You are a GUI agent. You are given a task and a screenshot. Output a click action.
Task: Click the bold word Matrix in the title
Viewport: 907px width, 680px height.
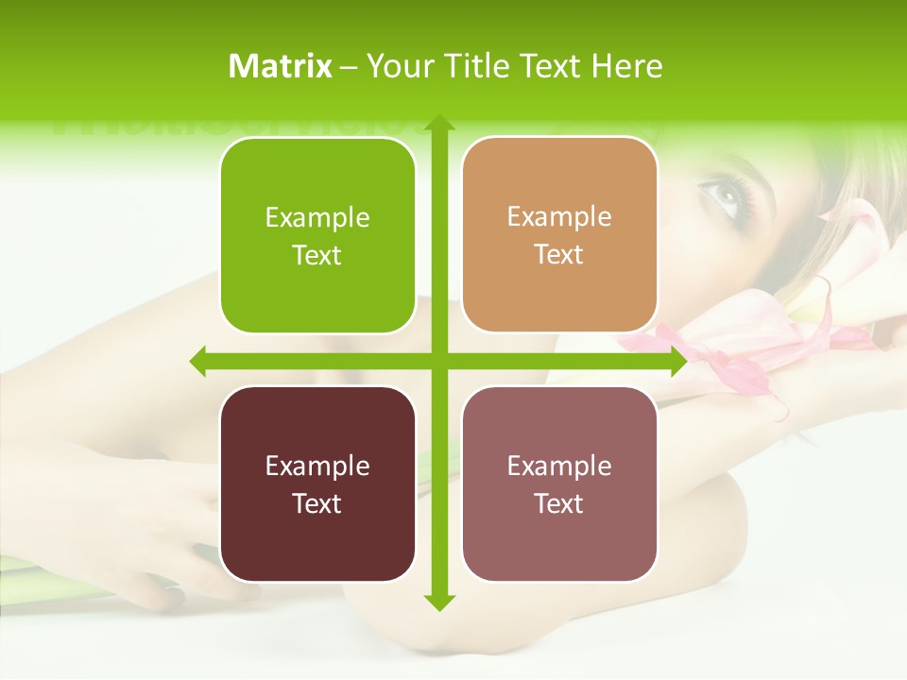(281, 66)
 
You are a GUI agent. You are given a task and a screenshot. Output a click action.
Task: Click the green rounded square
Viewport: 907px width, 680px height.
(317, 236)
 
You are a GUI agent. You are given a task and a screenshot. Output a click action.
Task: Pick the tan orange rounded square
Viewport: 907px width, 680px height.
(559, 235)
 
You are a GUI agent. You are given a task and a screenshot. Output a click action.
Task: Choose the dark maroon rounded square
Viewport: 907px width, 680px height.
(317, 484)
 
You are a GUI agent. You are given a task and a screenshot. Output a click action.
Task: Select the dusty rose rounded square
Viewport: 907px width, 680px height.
(559, 484)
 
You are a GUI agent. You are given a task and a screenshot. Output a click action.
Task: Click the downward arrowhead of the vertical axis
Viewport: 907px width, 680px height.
(438, 602)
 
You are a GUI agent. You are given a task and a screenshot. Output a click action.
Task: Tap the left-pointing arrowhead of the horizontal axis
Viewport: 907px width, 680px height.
(199, 361)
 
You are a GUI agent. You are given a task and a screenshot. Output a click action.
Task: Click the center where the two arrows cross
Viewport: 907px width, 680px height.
(438, 361)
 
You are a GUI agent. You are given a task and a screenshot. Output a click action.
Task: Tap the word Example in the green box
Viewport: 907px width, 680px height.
(317, 218)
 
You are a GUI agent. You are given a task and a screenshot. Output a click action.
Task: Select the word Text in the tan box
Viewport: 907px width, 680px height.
(559, 255)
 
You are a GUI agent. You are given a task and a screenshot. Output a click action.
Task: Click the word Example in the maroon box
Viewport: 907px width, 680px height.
(317, 467)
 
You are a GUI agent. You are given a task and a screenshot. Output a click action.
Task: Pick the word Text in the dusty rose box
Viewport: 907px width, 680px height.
(559, 504)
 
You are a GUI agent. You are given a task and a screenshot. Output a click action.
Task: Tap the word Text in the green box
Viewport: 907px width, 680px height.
(317, 256)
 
